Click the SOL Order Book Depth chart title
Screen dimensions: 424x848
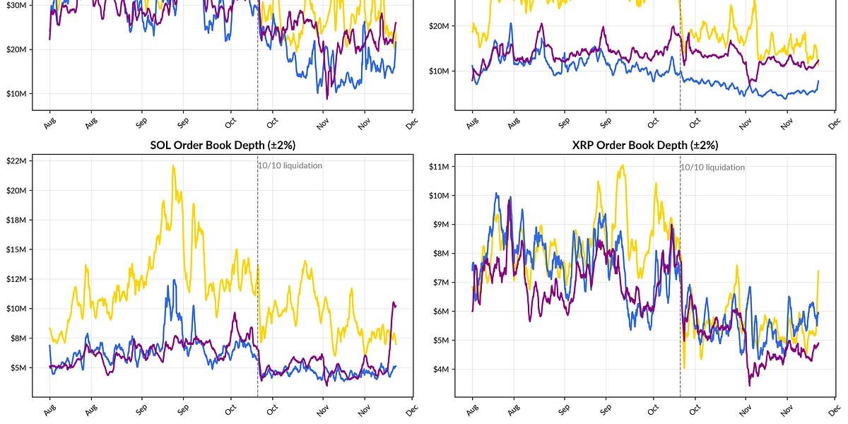click(223, 145)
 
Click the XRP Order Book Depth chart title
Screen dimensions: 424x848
click(645, 145)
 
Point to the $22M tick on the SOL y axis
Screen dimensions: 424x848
click(16, 161)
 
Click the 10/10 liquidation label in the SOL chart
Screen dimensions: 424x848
click(290, 165)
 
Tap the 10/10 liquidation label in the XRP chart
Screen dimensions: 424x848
click(713, 167)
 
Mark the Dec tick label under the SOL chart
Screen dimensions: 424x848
click(412, 408)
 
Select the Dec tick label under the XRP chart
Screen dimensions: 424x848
click(835, 408)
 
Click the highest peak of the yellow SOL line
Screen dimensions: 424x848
click(173, 166)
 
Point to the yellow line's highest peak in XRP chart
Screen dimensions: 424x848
click(622, 165)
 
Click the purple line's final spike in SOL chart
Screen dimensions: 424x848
click(394, 302)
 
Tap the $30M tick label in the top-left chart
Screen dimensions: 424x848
click(16, 5)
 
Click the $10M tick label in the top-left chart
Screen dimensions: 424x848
click(16, 93)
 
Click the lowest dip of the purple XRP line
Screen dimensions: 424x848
click(750, 385)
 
